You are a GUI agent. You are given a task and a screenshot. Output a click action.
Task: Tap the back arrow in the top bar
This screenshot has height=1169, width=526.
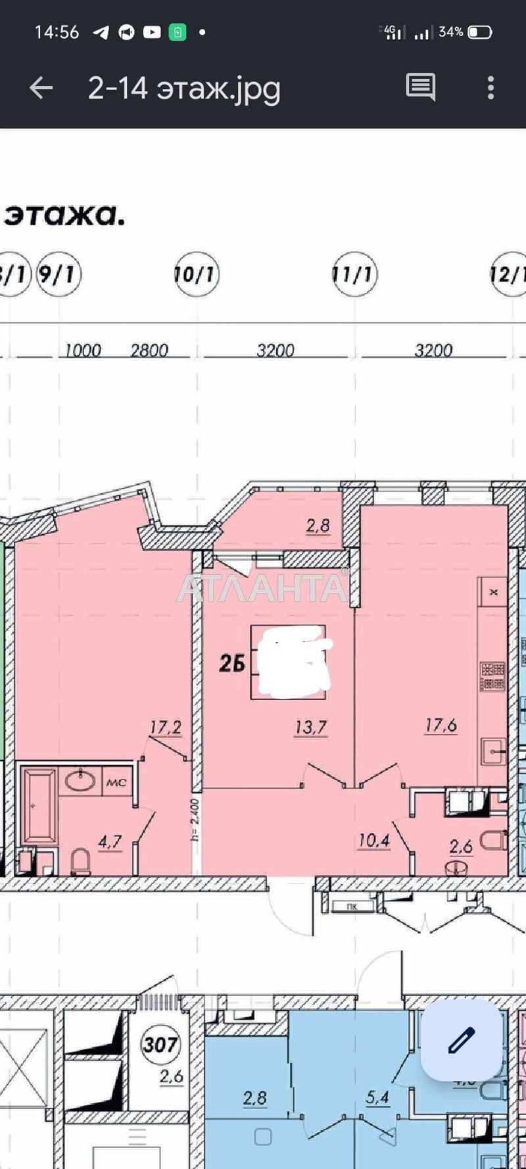41,87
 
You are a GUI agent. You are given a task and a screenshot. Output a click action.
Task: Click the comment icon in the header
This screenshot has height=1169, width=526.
420,87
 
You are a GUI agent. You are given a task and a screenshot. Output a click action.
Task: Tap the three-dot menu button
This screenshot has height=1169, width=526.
490,87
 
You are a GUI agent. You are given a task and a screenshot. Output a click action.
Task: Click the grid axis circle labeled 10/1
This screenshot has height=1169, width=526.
197,274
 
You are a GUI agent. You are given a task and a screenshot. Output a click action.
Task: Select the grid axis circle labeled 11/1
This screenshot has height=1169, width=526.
355,274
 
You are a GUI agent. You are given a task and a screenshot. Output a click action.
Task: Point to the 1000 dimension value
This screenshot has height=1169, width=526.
83,350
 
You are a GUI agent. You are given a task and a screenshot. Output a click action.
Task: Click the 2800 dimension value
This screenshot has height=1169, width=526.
149,350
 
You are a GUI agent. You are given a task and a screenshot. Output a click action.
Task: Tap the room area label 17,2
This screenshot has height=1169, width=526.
166,728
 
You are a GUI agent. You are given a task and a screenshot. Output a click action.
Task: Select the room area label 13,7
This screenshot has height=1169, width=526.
311,728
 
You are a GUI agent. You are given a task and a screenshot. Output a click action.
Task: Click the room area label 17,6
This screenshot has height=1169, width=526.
441,726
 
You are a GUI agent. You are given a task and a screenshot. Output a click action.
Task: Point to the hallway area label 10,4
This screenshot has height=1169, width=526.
374,840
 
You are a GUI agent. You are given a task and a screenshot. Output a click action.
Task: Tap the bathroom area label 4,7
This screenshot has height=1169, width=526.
110,843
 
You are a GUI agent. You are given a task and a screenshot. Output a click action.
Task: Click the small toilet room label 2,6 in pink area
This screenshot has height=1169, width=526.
462,846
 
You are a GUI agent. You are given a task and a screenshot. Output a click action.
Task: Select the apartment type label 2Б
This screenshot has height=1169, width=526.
232,664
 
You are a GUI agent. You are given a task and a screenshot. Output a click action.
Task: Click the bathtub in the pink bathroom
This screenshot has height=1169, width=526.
39,807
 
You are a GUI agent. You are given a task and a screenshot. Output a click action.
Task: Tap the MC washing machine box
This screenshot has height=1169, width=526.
116,783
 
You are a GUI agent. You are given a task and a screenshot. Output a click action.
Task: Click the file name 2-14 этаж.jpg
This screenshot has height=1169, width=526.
184,87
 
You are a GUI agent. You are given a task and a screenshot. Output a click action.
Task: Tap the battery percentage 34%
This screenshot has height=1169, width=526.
450,32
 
